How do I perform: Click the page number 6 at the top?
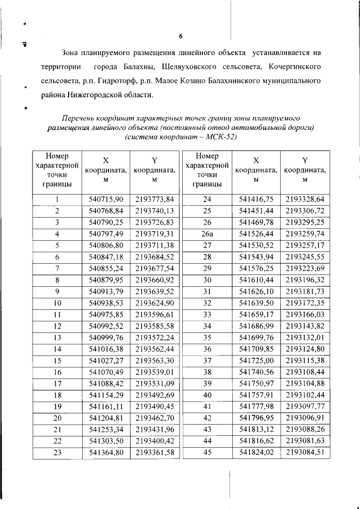(181, 37)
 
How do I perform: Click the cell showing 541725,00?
(256, 376)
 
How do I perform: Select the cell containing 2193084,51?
(305, 452)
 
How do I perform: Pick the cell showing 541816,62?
(256, 440)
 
